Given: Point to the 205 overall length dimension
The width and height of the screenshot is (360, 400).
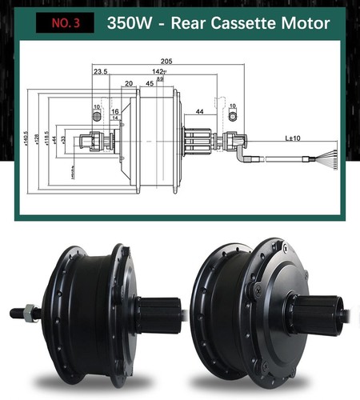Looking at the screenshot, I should tap(166, 61).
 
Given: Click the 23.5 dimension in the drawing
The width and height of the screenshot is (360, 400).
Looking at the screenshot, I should tap(100, 72).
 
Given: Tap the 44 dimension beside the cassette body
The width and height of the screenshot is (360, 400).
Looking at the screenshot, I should tap(199, 112).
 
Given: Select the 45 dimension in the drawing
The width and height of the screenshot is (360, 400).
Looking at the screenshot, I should tap(150, 82).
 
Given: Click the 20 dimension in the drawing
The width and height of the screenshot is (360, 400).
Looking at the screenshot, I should tap(128, 82).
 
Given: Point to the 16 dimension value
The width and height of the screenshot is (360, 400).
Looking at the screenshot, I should tap(115, 112).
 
